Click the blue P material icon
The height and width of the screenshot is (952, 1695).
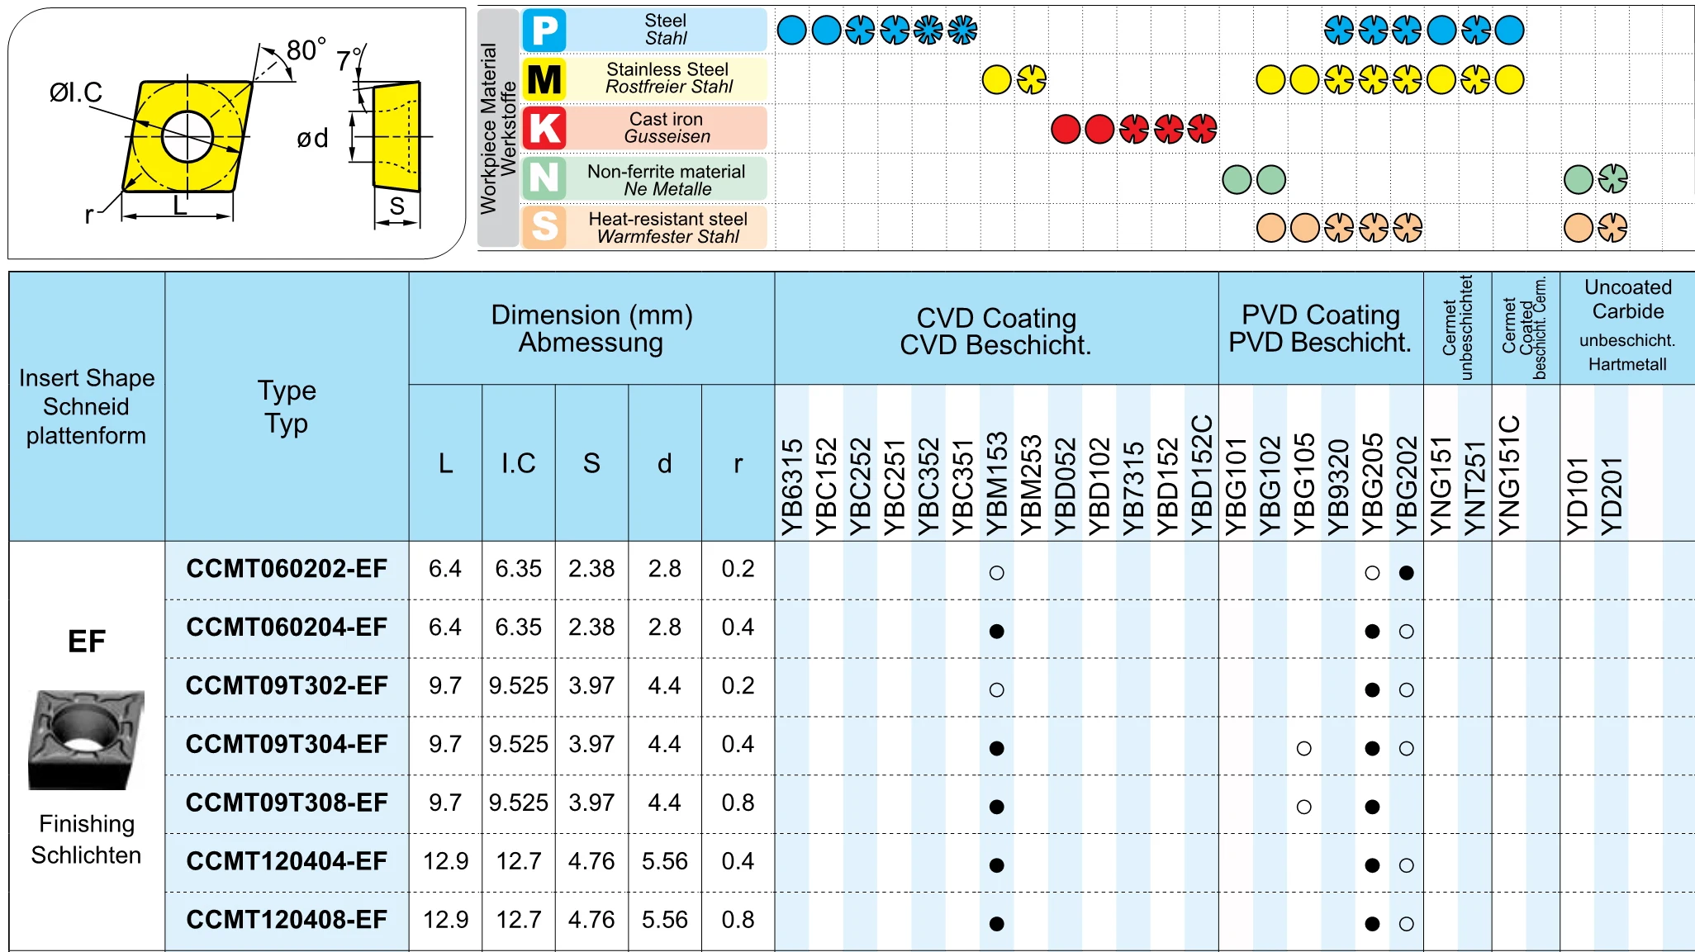click(544, 31)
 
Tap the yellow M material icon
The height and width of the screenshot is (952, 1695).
click(544, 79)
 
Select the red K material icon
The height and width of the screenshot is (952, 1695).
click(544, 129)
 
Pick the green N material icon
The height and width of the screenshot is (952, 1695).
click(544, 178)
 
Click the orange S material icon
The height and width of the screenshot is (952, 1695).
click(544, 226)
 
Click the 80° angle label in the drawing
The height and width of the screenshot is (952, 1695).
click(306, 50)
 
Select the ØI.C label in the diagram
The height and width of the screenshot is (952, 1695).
click(75, 92)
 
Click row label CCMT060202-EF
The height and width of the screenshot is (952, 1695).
click(287, 569)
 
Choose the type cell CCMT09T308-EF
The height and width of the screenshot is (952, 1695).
click(287, 803)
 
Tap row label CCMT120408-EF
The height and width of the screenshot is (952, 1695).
click(287, 920)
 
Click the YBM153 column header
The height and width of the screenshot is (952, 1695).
click(997, 483)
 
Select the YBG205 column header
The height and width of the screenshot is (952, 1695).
click(1372, 483)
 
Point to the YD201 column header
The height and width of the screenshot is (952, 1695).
click(1612, 495)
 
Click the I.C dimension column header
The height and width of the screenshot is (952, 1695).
click(518, 463)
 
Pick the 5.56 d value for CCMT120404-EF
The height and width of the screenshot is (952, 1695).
click(664, 861)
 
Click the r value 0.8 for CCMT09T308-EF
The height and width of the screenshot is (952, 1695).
click(738, 803)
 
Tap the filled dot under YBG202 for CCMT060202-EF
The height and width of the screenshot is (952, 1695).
click(1406, 572)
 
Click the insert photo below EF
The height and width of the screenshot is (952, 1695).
click(86, 739)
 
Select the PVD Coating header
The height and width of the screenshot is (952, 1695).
click(1320, 328)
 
